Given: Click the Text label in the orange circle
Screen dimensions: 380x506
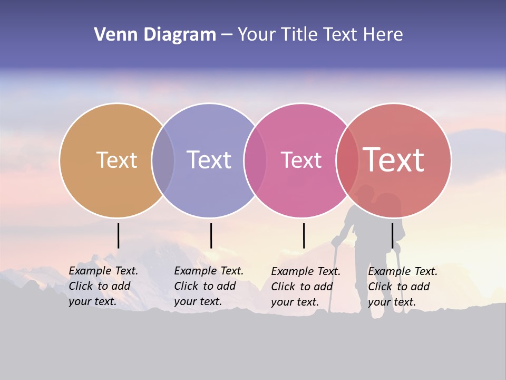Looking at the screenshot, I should click(116, 160).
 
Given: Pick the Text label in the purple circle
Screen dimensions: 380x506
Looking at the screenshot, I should click(209, 160).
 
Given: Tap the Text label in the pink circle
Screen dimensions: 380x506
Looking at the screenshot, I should click(301, 160).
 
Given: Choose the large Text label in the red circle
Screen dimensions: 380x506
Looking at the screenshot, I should click(394, 160).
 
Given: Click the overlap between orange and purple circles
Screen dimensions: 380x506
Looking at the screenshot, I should click(163, 160).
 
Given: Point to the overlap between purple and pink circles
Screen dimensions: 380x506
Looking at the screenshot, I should click(255, 160).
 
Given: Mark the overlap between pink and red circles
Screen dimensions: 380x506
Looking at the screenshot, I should click(347, 160).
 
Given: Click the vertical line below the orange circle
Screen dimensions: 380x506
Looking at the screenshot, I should click(119, 235).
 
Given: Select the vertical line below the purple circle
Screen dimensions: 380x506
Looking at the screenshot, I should click(211, 235).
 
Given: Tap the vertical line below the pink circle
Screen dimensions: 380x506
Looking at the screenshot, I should click(304, 235).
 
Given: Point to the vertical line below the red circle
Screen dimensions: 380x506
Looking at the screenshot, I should click(393, 235).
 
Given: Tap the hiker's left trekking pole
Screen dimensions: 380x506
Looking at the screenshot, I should click(333, 280).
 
